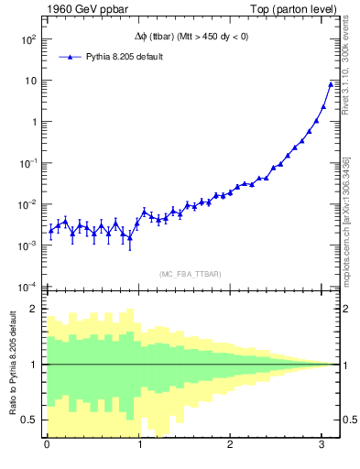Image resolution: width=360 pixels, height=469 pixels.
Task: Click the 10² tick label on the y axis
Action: [x=28, y=40]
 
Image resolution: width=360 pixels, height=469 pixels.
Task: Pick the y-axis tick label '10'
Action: [x=31, y=81]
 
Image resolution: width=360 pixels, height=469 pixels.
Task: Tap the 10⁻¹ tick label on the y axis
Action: [x=28, y=163]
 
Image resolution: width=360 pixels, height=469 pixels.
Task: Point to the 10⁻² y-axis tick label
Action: [x=28, y=204]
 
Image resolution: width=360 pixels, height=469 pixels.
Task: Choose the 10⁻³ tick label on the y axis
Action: [x=28, y=245]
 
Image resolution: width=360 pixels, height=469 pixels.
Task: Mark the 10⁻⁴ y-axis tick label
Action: [x=28, y=286]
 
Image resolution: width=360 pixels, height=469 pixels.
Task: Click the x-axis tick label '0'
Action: [x=48, y=446]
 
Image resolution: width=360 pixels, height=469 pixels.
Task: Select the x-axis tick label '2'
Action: [x=230, y=446]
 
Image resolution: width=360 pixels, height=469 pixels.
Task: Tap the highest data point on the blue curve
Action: [x=331, y=84]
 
